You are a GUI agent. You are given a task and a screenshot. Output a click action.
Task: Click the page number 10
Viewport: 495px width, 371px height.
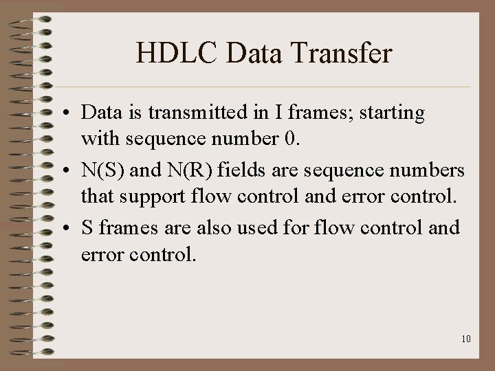click(x=466, y=339)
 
